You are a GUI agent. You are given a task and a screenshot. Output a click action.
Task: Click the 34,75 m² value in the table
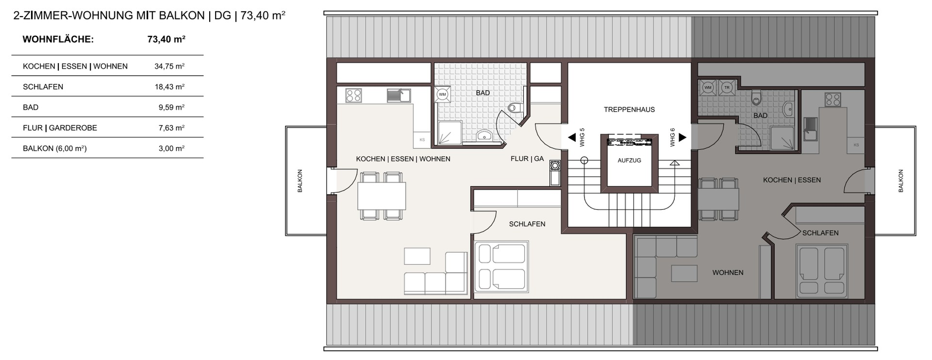click(x=169, y=66)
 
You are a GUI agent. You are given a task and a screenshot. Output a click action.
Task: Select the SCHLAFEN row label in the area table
click(x=43, y=87)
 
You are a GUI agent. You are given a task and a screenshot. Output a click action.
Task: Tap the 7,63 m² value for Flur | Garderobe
click(x=171, y=128)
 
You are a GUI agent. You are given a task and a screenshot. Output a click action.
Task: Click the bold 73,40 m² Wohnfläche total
click(x=166, y=39)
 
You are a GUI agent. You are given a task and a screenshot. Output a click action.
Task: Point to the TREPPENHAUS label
click(x=629, y=110)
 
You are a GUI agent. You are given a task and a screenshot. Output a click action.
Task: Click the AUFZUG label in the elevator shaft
click(x=629, y=160)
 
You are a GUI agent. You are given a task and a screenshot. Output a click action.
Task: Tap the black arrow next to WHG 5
click(x=572, y=138)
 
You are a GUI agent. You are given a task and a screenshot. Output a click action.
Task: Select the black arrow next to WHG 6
click(x=682, y=138)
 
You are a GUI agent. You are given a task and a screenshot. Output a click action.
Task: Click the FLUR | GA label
click(x=527, y=159)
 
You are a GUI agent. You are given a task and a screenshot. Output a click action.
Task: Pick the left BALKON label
click(x=300, y=181)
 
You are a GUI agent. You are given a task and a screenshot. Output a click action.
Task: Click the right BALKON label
click(x=900, y=181)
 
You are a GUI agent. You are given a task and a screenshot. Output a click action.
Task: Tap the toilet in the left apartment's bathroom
click(x=514, y=107)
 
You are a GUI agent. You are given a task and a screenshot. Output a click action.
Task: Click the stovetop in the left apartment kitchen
click(x=353, y=95)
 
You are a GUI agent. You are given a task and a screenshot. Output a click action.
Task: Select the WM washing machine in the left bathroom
click(x=442, y=95)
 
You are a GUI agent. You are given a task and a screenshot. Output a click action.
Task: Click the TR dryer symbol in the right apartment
click(x=727, y=87)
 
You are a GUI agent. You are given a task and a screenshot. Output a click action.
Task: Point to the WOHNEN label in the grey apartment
click(x=728, y=273)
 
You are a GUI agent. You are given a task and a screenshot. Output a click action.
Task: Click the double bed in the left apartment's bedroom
click(x=501, y=267)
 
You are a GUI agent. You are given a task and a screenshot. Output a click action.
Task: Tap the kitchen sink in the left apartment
click(x=399, y=95)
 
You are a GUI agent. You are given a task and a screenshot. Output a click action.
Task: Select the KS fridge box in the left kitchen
click(x=422, y=139)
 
